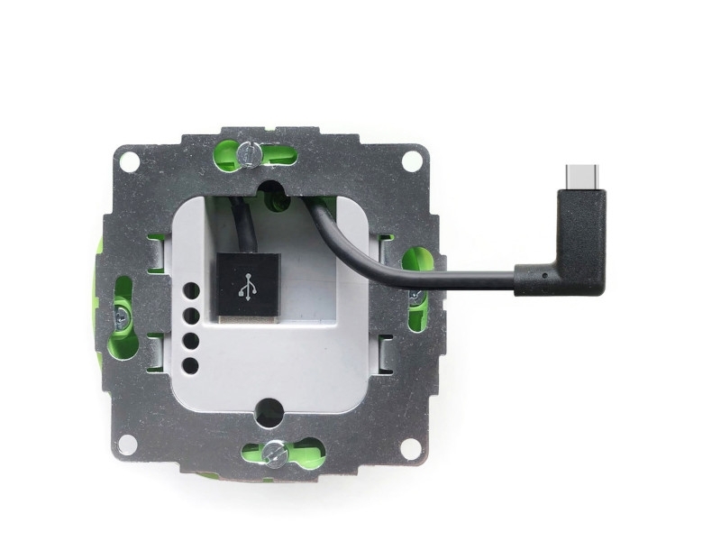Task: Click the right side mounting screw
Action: click(x=416, y=297)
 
